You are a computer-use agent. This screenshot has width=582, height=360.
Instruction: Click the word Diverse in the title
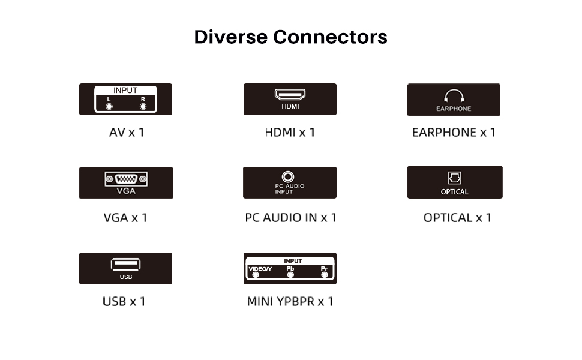click(x=230, y=37)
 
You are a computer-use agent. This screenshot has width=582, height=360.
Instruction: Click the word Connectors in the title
click(x=330, y=37)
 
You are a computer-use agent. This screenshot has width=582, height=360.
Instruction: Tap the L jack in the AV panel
click(x=109, y=107)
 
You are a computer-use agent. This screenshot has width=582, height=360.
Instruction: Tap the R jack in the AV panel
click(x=143, y=107)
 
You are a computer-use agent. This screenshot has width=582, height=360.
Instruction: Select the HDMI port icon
click(x=290, y=94)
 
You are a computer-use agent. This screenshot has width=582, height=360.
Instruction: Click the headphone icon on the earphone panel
click(x=454, y=97)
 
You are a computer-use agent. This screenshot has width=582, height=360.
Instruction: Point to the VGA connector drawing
click(x=126, y=178)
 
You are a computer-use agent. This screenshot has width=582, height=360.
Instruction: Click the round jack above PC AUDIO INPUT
click(x=290, y=176)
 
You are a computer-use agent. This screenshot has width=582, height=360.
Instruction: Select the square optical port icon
click(x=454, y=178)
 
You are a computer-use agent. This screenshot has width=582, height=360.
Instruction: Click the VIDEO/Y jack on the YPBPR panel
click(x=256, y=275)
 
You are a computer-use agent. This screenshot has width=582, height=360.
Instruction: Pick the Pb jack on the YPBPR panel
click(x=290, y=275)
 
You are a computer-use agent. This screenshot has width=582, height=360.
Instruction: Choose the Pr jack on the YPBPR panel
click(x=325, y=275)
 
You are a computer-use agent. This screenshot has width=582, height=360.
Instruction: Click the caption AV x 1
click(x=126, y=132)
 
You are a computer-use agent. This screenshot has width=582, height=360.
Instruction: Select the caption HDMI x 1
click(x=290, y=132)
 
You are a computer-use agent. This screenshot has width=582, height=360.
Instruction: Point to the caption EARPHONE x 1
click(x=454, y=132)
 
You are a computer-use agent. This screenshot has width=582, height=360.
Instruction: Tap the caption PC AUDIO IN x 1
click(x=290, y=217)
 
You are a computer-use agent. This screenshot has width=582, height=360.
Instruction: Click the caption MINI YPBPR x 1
click(x=290, y=301)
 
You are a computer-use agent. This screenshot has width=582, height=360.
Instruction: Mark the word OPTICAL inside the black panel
click(x=454, y=192)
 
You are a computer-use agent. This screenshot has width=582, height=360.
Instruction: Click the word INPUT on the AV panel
click(x=125, y=91)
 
